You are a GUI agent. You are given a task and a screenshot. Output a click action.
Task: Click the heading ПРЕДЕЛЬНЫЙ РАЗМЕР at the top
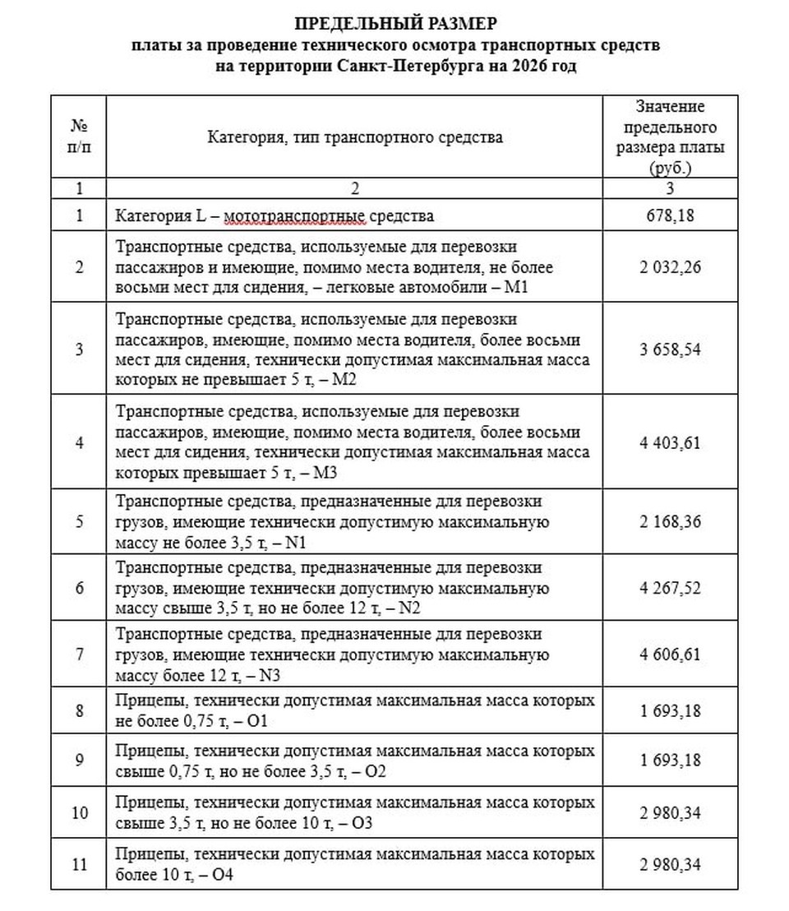[x=395, y=23]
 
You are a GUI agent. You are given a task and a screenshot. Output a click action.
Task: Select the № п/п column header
[x=79, y=136]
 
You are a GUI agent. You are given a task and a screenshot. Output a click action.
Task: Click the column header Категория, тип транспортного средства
[x=354, y=136]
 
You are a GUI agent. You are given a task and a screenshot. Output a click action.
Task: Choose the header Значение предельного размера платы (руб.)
[x=670, y=136]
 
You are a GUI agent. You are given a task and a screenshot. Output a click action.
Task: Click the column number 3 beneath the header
[x=670, y=188]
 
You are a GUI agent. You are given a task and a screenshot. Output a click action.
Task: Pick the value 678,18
[x=670, y=216]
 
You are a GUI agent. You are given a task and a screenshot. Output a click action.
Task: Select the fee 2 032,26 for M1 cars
[x=670, y=267]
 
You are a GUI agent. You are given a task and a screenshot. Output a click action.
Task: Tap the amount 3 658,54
[x=670, y=349]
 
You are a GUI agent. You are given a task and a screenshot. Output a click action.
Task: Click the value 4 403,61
[x=670, y=442]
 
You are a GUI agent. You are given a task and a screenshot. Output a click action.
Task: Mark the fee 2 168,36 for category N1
[x=670, y=521]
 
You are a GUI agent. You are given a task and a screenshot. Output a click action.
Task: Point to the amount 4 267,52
[x=670, y=588]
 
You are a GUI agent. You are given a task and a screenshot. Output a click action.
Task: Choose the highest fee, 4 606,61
[x=670, y=654]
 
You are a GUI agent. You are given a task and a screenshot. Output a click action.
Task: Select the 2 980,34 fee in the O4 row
[x=670, y=864]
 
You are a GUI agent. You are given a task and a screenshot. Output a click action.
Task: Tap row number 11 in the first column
[x=79, y=864]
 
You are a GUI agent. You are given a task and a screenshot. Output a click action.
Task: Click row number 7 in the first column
[x=79, y=654]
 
